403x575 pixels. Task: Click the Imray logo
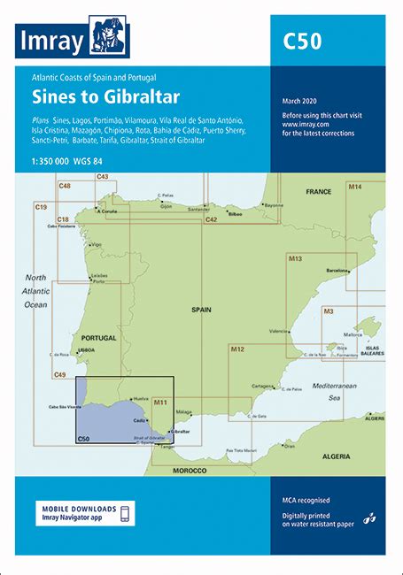tap(73, 37)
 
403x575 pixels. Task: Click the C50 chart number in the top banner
tap(302, 41)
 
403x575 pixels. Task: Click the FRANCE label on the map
tap(318, 191)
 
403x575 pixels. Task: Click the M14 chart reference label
tap(354, 188)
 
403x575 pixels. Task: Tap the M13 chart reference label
tap(296, 258)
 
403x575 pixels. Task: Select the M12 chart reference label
tap(237, 350)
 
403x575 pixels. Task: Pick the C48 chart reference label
tap(65, 185)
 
